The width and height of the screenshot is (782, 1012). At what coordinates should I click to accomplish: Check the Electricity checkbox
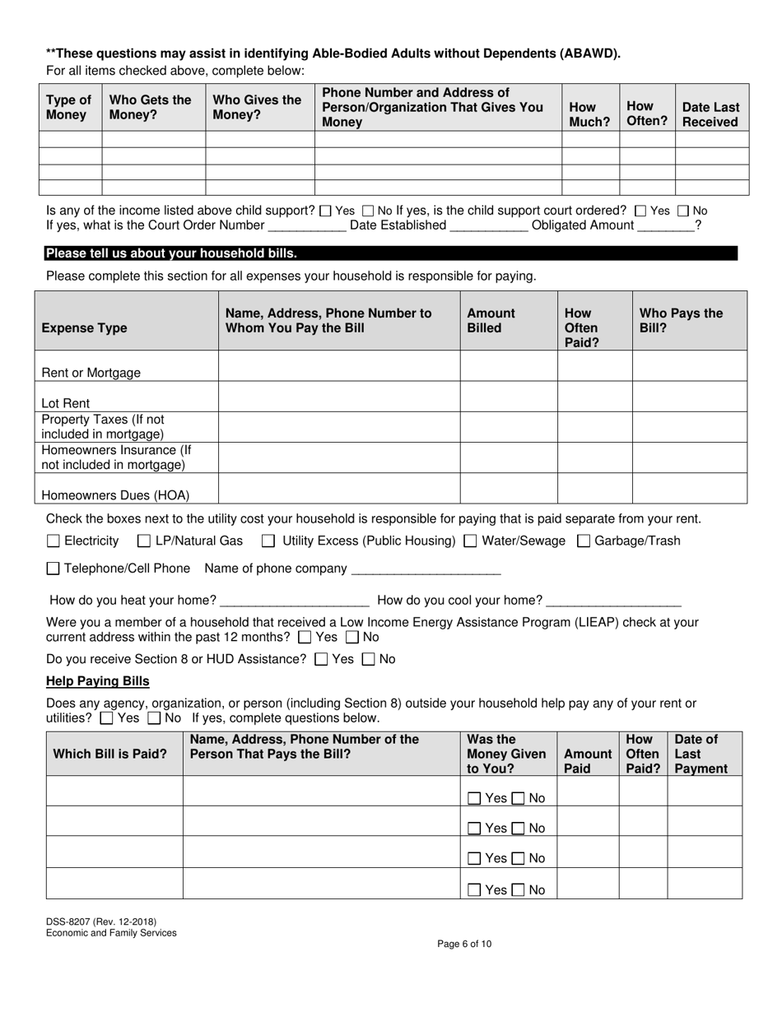tap(54, 541)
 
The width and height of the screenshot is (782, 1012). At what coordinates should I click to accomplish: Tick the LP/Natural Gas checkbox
tap(144, 541)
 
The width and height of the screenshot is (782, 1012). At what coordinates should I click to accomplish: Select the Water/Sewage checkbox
tap(470, 541)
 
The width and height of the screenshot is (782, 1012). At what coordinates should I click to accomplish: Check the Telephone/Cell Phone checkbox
tap(54, 569)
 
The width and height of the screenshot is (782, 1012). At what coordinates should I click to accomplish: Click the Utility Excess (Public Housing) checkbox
tap(268, 541)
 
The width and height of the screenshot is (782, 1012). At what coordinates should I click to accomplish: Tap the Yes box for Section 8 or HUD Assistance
tap(322, 659)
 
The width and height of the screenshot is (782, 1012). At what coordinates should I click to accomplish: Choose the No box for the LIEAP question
tap(352, 637)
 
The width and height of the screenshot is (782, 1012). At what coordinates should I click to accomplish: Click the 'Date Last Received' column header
tap(710, 114)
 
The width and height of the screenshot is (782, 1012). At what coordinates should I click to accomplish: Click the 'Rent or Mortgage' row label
tap(91, 373)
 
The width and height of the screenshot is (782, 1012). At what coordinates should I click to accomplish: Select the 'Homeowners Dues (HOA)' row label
tap(115, 495)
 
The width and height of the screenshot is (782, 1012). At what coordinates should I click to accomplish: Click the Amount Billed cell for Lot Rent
tap(508, 397)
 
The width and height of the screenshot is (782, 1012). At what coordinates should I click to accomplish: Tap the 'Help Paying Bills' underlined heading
tap(98, 681)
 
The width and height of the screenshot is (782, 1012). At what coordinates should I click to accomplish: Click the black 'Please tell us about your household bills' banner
tap(391, 253)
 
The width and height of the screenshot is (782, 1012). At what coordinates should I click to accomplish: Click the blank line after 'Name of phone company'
tap(426, 569)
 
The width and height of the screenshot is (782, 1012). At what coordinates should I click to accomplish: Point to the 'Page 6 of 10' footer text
tap(465, 945)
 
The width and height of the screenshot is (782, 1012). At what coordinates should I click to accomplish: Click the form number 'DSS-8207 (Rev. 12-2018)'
tap(101, 921)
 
